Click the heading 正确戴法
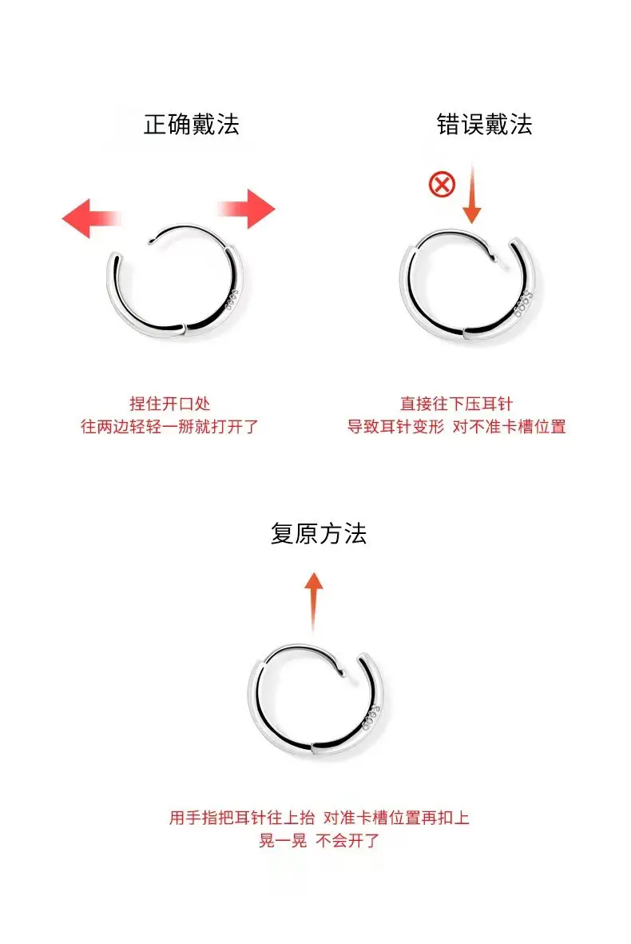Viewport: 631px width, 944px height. click(191, 125)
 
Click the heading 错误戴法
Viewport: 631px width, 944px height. click(484, 125)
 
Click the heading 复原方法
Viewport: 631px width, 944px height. click(318, 533)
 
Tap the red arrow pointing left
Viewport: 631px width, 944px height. click(91, 218)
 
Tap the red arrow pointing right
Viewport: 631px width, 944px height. click(246, 209)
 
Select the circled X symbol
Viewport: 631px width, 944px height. click(442, 184)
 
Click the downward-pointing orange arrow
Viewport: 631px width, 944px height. click(472, 194)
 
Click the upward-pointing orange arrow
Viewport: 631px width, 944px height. click(313, 602)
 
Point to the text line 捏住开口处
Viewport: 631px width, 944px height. click(169, 404)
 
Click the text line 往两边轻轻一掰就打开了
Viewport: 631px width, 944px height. click(169, 426)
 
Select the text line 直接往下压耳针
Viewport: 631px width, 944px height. click(456, 404)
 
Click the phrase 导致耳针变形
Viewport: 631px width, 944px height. click(395, 426)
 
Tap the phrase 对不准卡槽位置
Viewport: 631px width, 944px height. click(509, 426)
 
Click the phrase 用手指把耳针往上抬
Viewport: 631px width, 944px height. click(242, 818)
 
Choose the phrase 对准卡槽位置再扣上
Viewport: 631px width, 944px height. click(396, 818)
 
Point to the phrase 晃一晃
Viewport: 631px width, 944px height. click(283, 840)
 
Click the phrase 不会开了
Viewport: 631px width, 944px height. click(347, 840)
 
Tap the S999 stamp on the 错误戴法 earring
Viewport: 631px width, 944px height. click(522, 304)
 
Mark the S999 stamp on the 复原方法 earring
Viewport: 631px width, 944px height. click(371, 716)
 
